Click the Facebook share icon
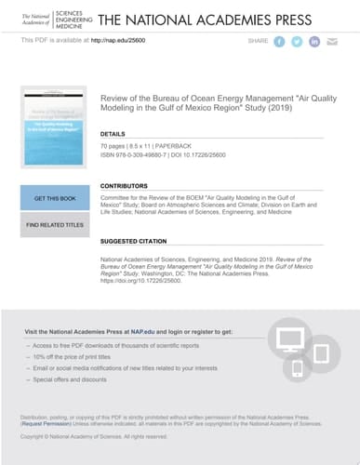click(x=279, y=42)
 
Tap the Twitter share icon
click(x=297, y=42)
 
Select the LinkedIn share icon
click(x=314, y=42)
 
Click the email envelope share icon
click(x=332, y=42)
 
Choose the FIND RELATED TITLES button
click(x=54, y=224)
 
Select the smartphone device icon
click(x=298, y=368)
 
